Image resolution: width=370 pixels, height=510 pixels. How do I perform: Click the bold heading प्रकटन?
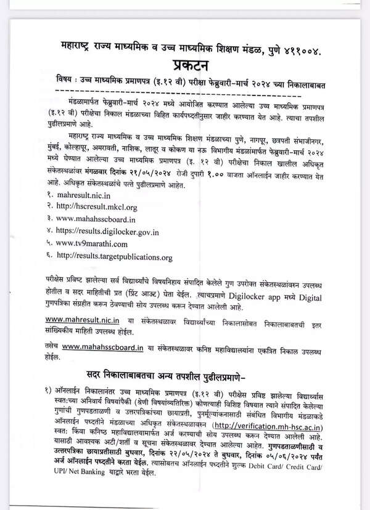point(191,66)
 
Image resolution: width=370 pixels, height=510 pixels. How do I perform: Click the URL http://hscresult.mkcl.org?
point(96,207)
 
